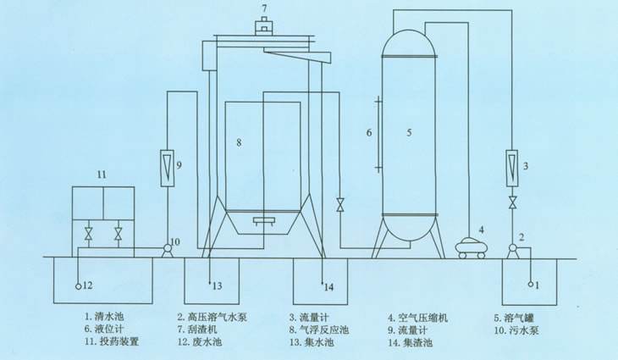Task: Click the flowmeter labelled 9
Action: tap(167, 168)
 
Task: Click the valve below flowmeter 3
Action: tap(512, 202)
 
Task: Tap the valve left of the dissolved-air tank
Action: tap(339, 206)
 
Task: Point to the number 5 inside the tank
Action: tap(409, 132)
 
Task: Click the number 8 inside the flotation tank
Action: tap(239, 142)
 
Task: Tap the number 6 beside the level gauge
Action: tap(369, 132)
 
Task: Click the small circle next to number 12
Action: tap(78, 286)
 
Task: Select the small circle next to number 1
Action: tap(531, 284)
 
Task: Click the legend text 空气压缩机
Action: tap(423, 318)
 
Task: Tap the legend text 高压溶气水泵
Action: tap(218, 317)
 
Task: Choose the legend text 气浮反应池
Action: tap(324, 330)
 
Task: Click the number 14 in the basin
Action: tap(329, 287)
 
